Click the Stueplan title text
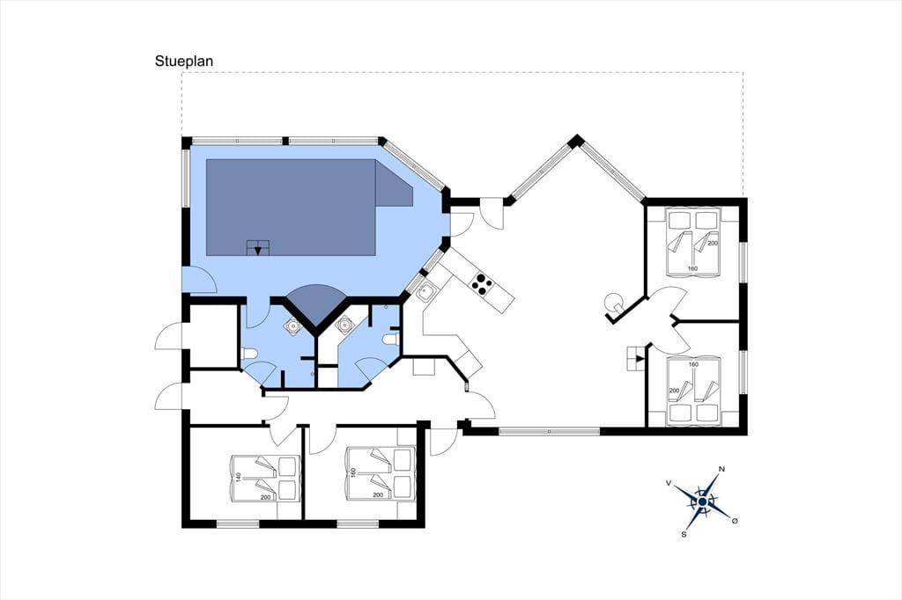pyautogui.click(x=183, y=62)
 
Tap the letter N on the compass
pyautogui.click(x=721, y=470)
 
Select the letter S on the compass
pyautogui.click(x=684, y=534)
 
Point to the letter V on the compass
pyautogui.click(x=669, y=483)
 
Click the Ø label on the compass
pyautogui.click(x=734, y=521)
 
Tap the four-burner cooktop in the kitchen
pyautogui.click(x=482, y=282)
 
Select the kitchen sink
pyautogui.click(x=425, y=294)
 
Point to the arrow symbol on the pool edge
pyautogui.click(x=258, y=248)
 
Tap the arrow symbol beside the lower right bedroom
pyautogui.click(x=637, y=359)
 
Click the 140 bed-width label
pyautogui.click(x=238, y=478)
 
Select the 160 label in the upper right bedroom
pyautogui.click(x=692, y=268)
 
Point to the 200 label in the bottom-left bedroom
pyautogui.click(x=265, y=496)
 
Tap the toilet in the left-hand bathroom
pyautogui.click(x=249, y=354)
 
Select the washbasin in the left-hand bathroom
pyautogui.click(x=293, y=326)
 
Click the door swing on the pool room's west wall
pyautogui.click(x=200, y=280)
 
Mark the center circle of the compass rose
pyautogui.click(x=702, y=501)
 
